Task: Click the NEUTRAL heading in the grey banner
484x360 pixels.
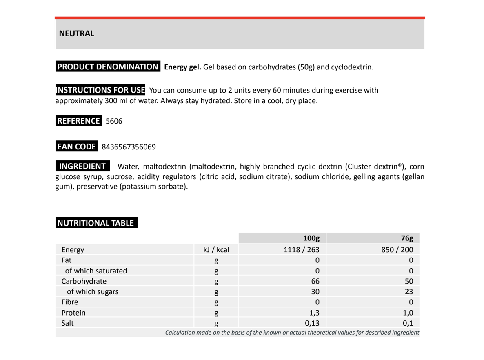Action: [77, 34]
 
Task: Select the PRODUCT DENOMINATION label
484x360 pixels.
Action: [108, 67]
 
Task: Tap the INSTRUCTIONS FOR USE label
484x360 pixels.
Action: [100, 90]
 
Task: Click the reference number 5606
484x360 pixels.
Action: [114, 121]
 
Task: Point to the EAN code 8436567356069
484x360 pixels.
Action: [128, 147]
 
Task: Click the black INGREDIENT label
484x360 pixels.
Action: [82, 166]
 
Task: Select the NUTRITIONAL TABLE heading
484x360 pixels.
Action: [96, 223]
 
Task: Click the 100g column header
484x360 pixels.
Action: [311, 238]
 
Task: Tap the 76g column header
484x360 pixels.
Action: [407, 238]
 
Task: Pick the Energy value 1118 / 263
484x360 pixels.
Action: [302, 250]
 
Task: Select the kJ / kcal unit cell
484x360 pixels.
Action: [216, 250]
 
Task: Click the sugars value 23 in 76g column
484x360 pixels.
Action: [409, 292]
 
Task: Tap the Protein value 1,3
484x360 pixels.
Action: [314, 313]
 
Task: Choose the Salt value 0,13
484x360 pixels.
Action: [312, 323]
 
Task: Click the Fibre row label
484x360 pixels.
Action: [70, 302]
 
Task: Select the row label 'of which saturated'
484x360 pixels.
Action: [96, 271]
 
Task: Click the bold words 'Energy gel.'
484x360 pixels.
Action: [182, 67]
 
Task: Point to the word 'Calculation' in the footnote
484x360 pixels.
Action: [180, 333]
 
